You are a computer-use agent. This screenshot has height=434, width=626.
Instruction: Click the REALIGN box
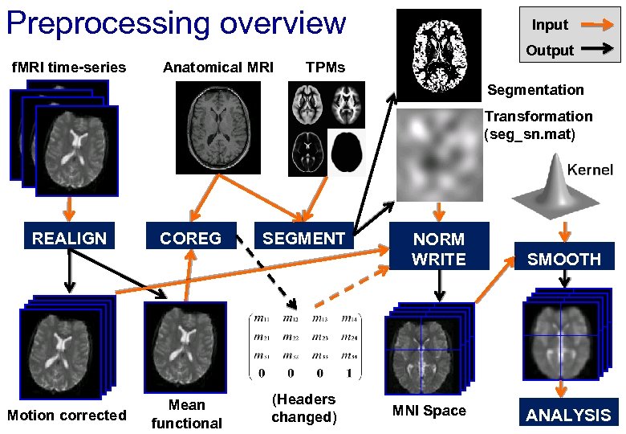[x=69, y=238]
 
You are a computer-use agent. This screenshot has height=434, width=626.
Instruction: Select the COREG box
[x=190, y=238]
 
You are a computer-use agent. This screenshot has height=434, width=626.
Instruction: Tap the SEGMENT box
[x=303, y=238]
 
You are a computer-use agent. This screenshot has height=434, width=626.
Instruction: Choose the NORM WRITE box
[x=438, y=249]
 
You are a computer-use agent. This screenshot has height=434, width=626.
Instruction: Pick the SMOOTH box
[x=564, y=259]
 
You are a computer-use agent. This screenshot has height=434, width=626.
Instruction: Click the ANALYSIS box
[x=567, y=415]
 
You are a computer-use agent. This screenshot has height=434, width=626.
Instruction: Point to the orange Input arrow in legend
[x=596, y=26]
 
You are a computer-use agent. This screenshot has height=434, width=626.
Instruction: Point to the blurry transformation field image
[x=439, y=157]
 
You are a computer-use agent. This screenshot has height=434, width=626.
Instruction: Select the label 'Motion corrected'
[x=67, y=415]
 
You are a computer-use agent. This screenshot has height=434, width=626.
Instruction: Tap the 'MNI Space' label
[x=429, y=411]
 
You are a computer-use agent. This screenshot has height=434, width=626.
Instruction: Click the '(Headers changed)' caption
[x=303, y=407]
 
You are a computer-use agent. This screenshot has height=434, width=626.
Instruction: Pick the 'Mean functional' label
[x=186, y=414]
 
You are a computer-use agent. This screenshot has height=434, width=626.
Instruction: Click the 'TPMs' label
[x=326, y=68]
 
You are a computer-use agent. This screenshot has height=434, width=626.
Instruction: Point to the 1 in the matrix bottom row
[x=348, y=373]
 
